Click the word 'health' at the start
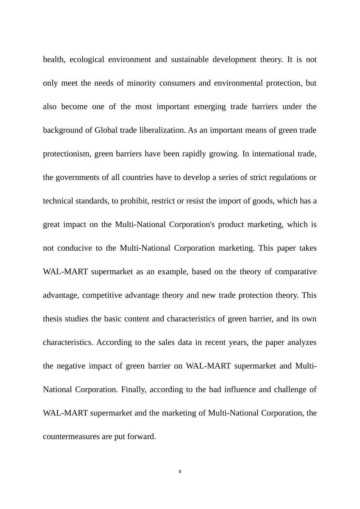pyautogui.click(x=54, y=59)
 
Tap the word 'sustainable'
pyautogui.click(x=189, y=59)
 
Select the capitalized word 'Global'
pyautogui.click(x=106, y=130)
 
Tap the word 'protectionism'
pyautogui.click(x=66, y=154)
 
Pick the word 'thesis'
pyautogui.click(x=53, y=319)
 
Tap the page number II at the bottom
pyautogui.click(x=180, y=472)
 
